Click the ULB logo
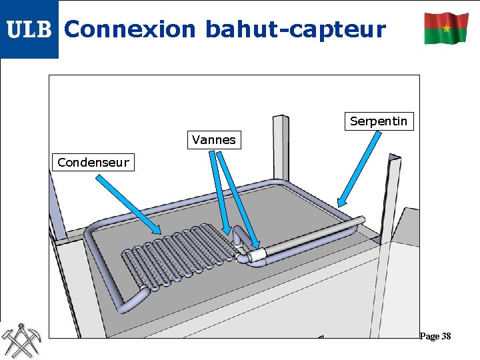[x=29, y=29]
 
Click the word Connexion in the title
[x=130, y=29]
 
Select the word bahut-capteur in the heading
[x=295, y=29]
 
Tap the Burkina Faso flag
[x=446, y=28]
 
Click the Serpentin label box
[x=379, y=121]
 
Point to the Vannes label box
[x=213, y=140]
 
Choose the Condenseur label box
[x=93, y=162]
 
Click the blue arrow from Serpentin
[x=359, y=169]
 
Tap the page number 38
[x=445, y=336]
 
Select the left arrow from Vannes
[x=221, y=193]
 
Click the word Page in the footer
[x=429, y=336]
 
